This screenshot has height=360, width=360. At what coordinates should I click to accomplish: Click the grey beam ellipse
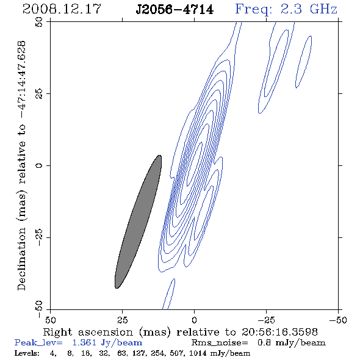(x=138, y=221)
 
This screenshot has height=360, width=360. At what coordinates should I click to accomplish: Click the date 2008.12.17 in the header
(x=62, y=9)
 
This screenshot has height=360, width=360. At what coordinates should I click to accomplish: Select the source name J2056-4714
(x=175, y=10)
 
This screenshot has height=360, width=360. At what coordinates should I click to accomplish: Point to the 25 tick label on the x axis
(x=122, y=320)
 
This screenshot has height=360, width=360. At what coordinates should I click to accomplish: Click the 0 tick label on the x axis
(x=194, y=320)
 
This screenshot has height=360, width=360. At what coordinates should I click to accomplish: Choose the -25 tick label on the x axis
(x=266, y=320)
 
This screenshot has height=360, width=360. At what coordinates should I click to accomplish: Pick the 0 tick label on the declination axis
(x=39, y=165)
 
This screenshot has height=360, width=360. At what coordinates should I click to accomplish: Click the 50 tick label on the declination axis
(x=39, y=22)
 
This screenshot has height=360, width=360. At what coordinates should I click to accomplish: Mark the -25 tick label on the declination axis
(x=39, y=237)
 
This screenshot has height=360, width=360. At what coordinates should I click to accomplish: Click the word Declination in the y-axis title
(x=21, y=259)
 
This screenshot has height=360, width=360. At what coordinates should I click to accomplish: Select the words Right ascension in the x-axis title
(x=88, y=332)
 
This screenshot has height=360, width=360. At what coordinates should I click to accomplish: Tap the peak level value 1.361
(x=84, y=342)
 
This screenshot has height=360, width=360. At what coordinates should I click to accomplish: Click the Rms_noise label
(x=220, y=343)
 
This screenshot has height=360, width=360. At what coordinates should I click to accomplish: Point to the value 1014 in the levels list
(x=198, y=353)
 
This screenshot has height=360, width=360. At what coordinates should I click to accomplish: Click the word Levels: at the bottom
(x=27, y=353)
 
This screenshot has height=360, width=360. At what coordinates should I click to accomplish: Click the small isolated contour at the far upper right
(x=303, y=62)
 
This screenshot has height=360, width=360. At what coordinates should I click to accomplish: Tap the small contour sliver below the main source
(x=169, y=294)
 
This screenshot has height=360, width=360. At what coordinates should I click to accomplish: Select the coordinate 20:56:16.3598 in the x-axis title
(x=279, y=332)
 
